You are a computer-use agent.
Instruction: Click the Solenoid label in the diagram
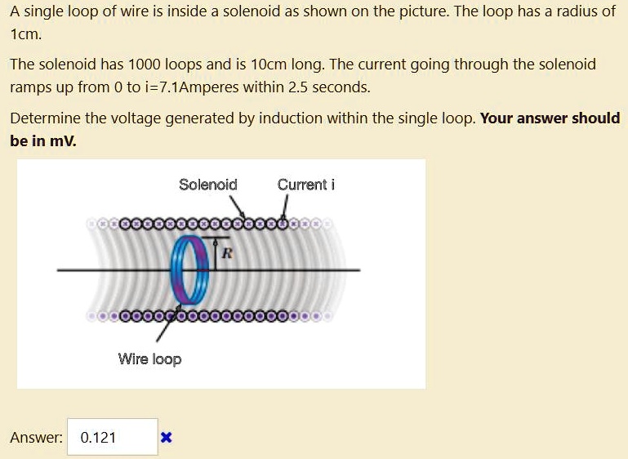click(x=207, y=185)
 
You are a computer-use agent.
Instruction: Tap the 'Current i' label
click(x=305, y=185)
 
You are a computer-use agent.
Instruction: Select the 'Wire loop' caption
click(x=149, y=359)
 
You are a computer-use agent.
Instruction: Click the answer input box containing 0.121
click(x=112, y=438)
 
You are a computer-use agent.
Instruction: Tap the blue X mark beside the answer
click(x=166, y=438)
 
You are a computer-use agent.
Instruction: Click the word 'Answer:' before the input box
click(x=36, y=438)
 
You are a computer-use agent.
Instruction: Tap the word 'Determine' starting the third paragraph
click(x=46, y=118)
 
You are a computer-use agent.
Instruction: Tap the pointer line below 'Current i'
click(x=286, y=207)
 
